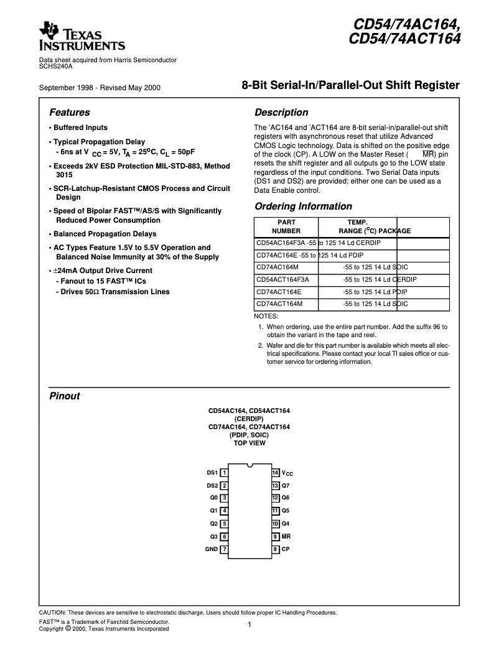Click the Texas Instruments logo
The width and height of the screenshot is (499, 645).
pyautogui.click(x=82, y=37)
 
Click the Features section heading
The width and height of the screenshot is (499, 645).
pyautogui.click(x=69, y=113)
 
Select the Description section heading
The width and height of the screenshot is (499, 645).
pyautogui.click(x=281, y=113)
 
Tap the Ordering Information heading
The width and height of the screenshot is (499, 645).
pyautogui.click(x=303, y=206)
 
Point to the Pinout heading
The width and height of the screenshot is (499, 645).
pyautogui.click(x=64, y=396)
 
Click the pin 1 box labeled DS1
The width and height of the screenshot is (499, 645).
pyautogui.click(x=224, y=473)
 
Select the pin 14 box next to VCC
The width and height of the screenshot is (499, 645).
pyautogui.click(x=275, y=473)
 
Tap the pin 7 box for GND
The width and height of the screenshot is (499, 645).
pyautogui.click(x=224, y=549)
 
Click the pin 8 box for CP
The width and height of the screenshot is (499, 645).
pyautogui.click(x=275, y=549)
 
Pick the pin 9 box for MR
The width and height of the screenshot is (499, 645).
pyautogui.click(x=275, y=536)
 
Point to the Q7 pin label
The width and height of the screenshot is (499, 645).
pyautogui.click(x=286, y=485)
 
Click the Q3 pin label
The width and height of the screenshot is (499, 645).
pyautogui.click(x=213, y=536)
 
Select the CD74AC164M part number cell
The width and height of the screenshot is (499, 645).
pyautogui.click(x=277, y=267)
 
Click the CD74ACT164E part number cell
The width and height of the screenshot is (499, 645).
pyautogui.click(x=278, y=292)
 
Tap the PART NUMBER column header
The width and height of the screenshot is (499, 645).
pyautogui.click(x=286, y=226)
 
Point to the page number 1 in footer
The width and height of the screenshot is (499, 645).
pyautogui.click(x=249, y=624)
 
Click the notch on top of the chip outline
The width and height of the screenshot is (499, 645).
pyautogui.click(x=250, y=465)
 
